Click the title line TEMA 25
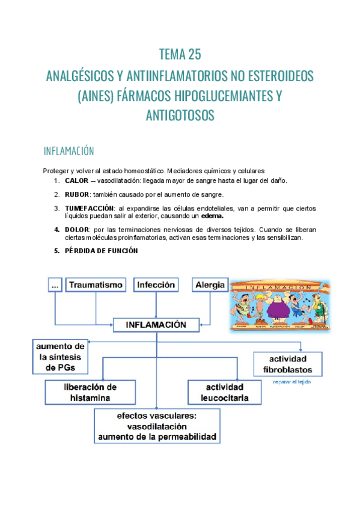click(x=180, y=55)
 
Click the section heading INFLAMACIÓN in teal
click(x=69, y=150)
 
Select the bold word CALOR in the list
click(x=76, y=180)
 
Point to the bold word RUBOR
click(x=77, y=194)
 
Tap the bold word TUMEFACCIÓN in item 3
click(x=89, y=208)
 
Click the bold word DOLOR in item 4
click(x=76, y=230)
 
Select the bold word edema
click(x=212, y=216)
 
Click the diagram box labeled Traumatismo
click(x=96, y=284)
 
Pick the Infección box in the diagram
click(x=156, y=284)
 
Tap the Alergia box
click(x=209, y=284)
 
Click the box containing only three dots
click(x=55, y=284)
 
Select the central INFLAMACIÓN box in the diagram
click(x=156, y=325)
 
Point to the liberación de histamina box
click(x=90, y=392)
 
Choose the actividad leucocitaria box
click(x=224, y=392)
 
